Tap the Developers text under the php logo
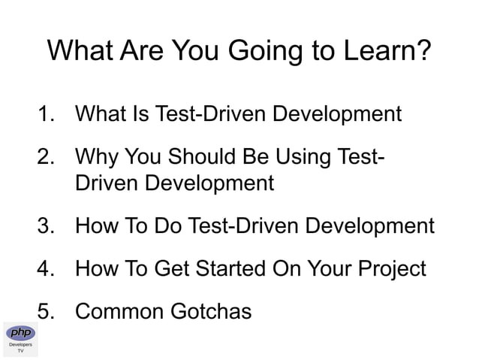point(20,345)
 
